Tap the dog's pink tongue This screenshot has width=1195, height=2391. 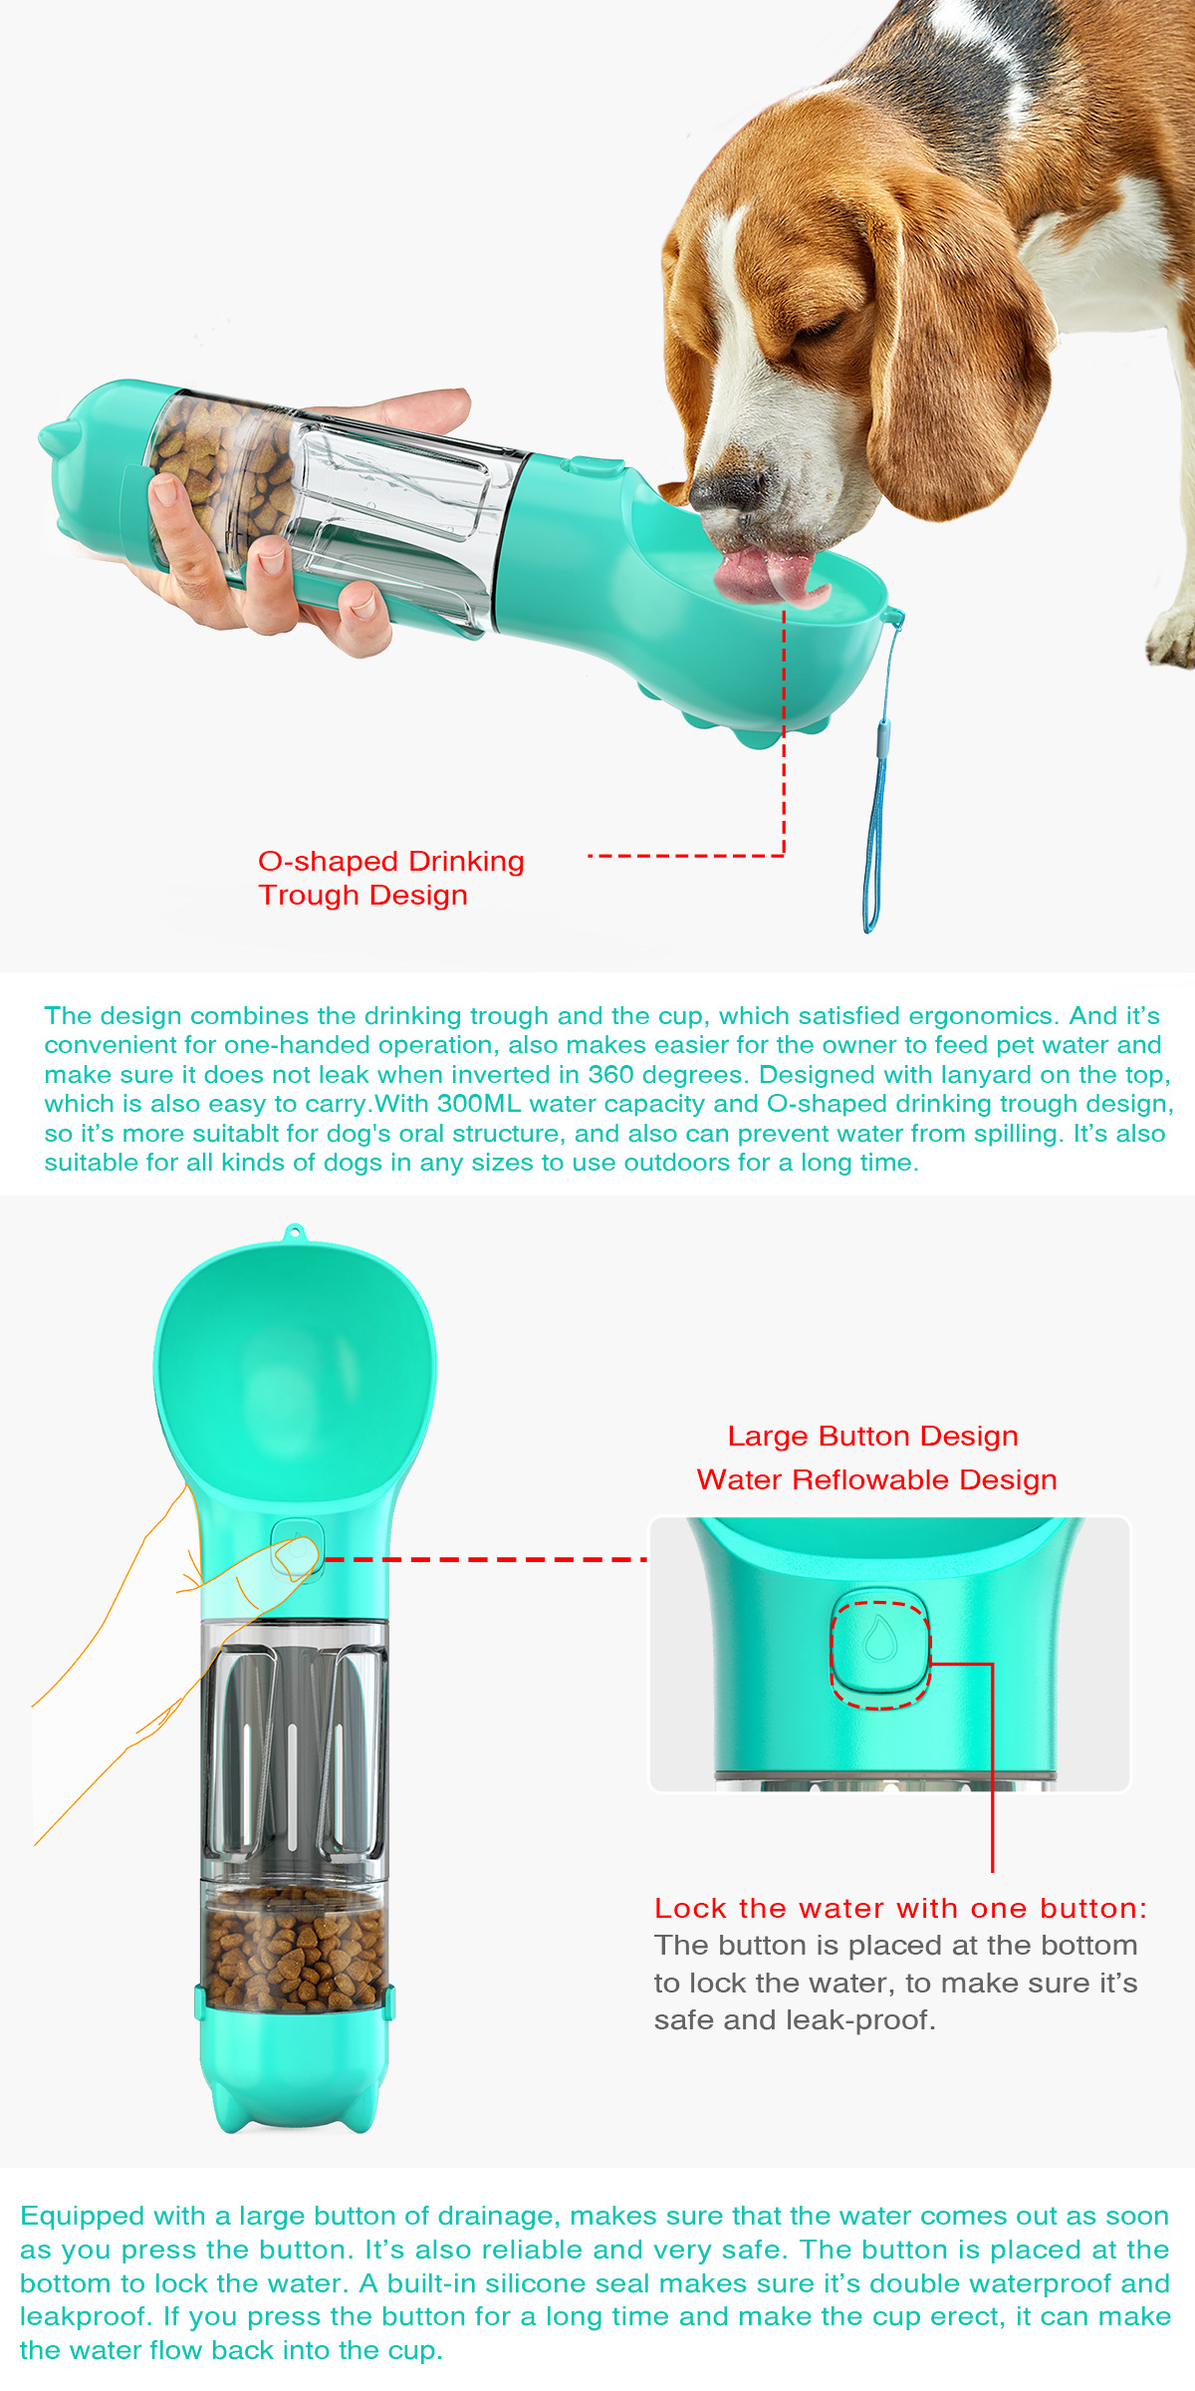pyautogui.click(x=767, y=574)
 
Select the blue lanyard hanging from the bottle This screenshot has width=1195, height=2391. pyautogui.click(x=875, y=797)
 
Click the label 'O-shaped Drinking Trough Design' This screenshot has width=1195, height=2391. pyautogui.click(x=390, y=878)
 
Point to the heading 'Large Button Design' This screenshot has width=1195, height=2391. pyautogui.click(x=872, y=1436)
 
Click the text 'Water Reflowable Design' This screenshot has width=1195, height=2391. pyautogui.click(x=876, y=1479)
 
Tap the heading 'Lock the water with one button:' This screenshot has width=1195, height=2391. pyautogui.click(x=900, y=1908)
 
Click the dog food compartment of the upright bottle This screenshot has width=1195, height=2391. pyautogui.click(x=295, y=1949)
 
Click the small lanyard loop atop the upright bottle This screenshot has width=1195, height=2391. pyautogui.click(x=293, y=1232)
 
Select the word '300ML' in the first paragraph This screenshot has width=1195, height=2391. pyautogui.click(x=479, y=1104)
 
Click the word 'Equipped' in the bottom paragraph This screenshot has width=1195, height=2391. pyautogui.click(x=83, y=2216)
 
